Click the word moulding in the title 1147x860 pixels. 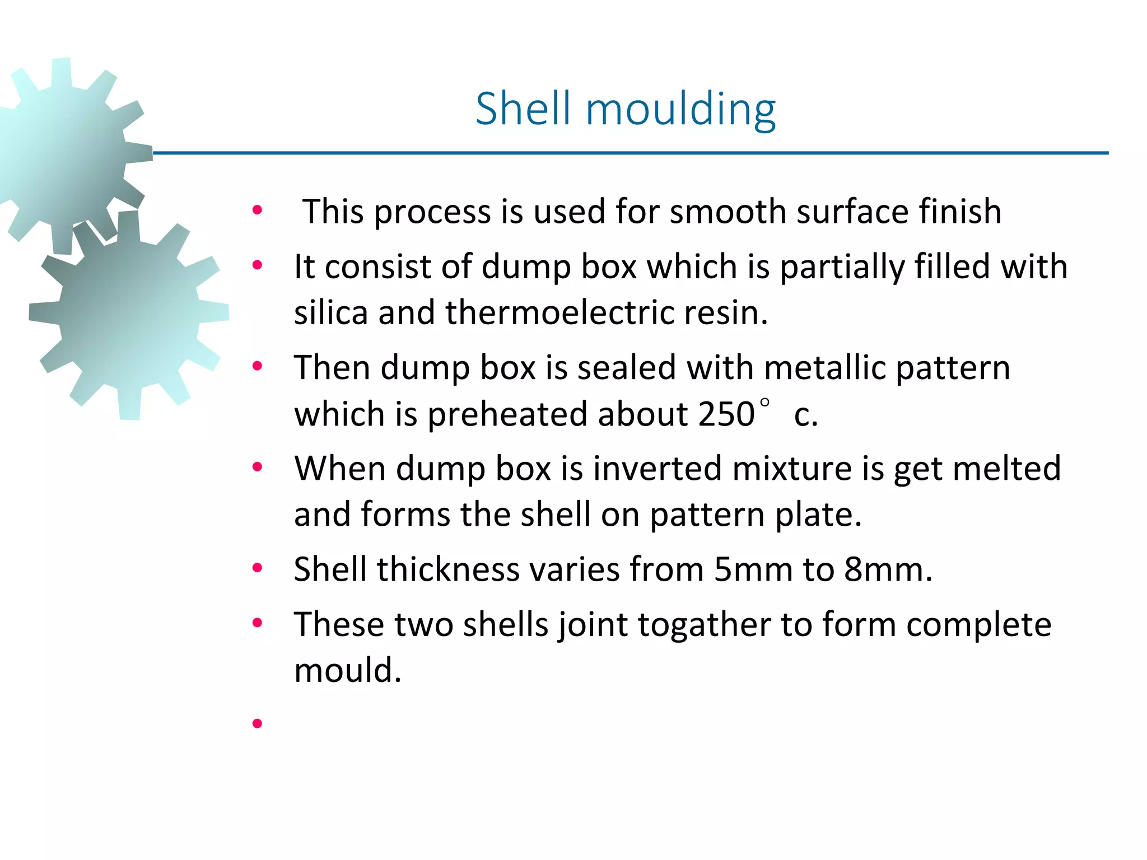tap(680, 109)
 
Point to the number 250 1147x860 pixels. tap(726, 414)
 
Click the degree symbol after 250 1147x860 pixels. tap(765, 402)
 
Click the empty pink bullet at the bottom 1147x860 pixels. tap(257, 723)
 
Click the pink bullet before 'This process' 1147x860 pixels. tap(257, 211)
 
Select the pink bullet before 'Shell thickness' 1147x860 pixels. tap(257, 568)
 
